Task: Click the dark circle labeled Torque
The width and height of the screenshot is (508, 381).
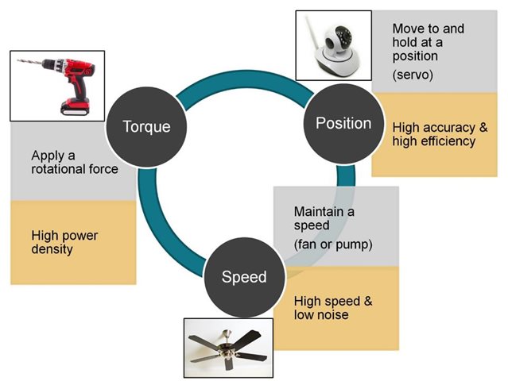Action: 146,125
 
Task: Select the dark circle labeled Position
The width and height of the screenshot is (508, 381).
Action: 343,123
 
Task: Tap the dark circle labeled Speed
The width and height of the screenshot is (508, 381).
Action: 244,277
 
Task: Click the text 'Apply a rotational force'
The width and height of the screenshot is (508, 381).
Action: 75,161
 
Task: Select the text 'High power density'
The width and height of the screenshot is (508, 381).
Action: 64,242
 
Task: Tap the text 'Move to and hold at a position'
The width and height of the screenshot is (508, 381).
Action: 428,42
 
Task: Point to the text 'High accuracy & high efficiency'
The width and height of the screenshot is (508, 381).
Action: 440,134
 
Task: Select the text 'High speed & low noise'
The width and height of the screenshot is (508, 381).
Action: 333,308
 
